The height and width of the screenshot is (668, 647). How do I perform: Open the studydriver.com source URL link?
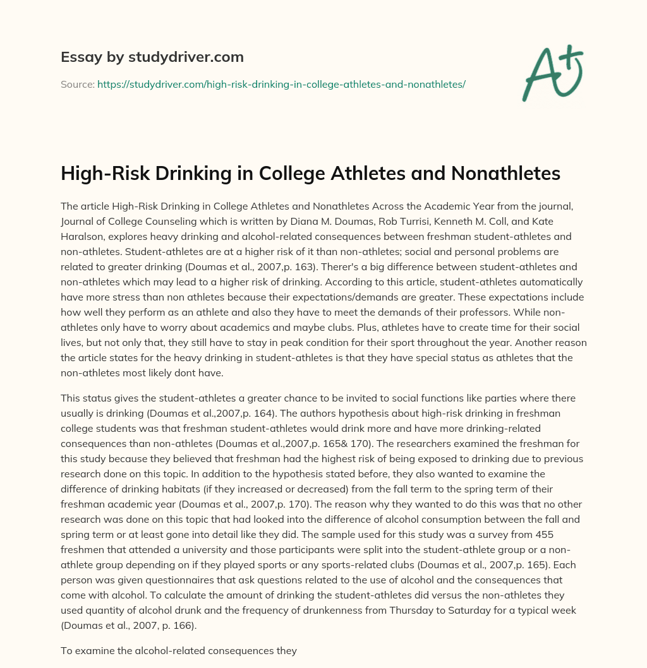(281, 84)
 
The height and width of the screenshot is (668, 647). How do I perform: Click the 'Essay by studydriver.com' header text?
(152, 57)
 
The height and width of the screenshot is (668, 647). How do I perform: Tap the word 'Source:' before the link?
(77, 84)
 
